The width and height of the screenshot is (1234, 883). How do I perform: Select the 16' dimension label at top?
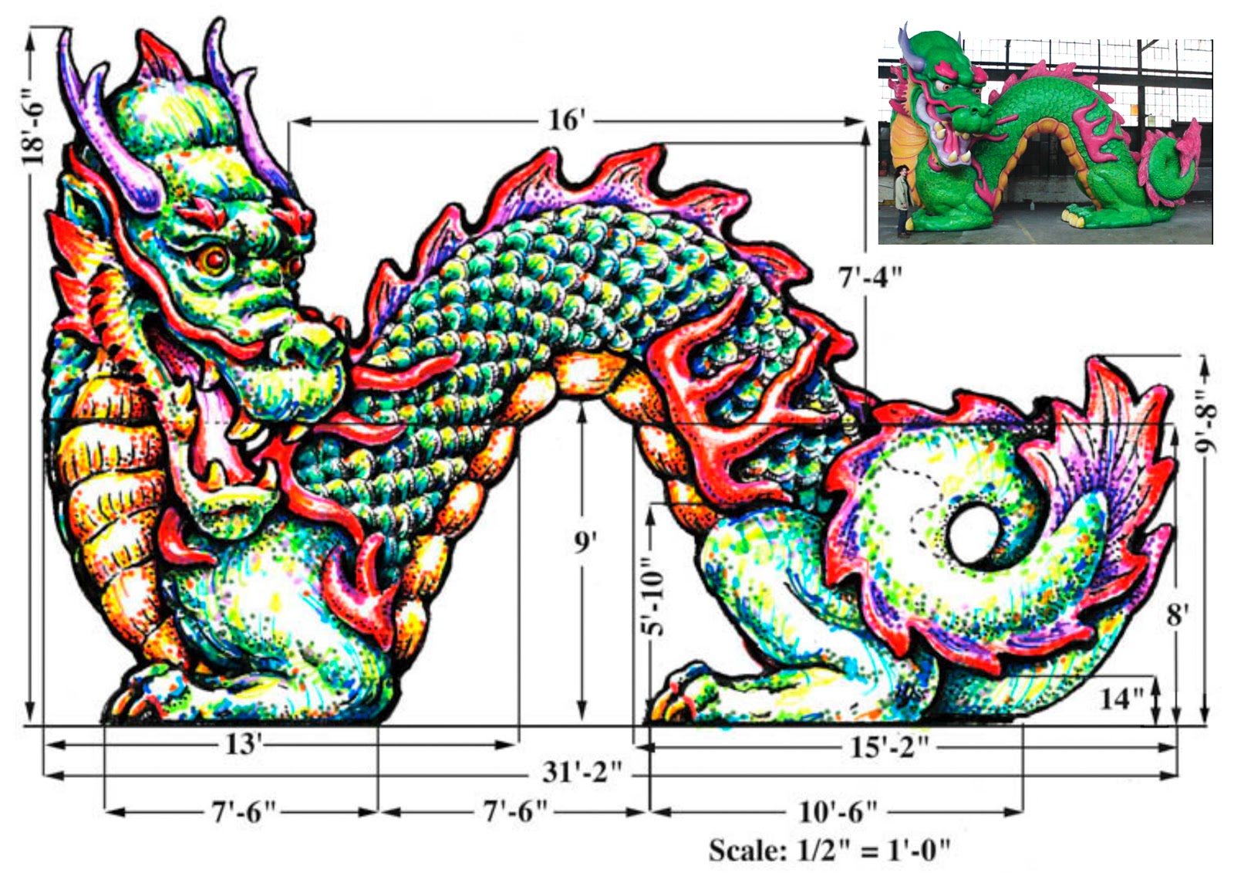(x=567, y=120)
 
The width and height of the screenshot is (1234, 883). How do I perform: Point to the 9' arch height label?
(x=585, y=543)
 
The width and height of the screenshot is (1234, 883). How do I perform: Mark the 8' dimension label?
(x=1177, y=615)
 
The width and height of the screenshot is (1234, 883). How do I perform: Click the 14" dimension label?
(x=1121, y=699)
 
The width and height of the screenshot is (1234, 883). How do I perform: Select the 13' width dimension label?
(x=244, y=744)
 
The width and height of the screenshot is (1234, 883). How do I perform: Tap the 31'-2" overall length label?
(x=582, y=772)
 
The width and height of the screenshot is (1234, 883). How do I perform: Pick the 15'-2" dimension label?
(x=888, y=746)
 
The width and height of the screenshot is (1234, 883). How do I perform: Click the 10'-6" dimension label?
(x=838, y=811)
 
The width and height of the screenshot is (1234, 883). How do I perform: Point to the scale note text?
(x=829, y=850)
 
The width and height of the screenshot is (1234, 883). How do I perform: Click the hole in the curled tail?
(x=973, y=533)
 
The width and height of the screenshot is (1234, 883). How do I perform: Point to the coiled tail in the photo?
(x=1168, y=166)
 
